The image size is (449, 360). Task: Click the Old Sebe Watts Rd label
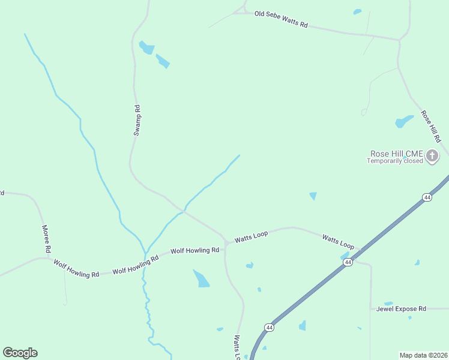pyautogui.click(x=280, y=19)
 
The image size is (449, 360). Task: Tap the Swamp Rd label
pyautogui.click(x=137, y=121)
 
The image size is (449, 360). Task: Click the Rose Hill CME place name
pyautogui.click(x=396, y=154)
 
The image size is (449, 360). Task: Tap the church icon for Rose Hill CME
pyautogui.click(x=432, y=157)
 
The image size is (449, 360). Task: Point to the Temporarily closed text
pyautogui.click(x=396, y=161)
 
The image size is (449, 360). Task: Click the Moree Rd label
pyautogui.click(x=46, y=238)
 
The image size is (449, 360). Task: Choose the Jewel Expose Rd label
pyautogui.click(x=401, y=308)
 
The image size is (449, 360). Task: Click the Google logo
pyautogui.click(x=20, y=353)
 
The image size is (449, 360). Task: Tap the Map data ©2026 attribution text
pyautogui.click(x=423, y=355)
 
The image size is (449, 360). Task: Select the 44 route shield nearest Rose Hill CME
pyautogui.click(x=427, y=197)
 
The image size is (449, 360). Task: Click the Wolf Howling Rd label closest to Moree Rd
pyautogui.click(x=76, y=268)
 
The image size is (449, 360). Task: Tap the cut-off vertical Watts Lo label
pyautogui.click(x=238, y=347)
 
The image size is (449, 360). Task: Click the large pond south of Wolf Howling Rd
pyautogui.click(x=202, y=279)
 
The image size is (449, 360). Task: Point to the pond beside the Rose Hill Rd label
pyautogui.click(x=404, y=121)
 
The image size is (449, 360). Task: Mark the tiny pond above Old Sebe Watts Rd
pyautogui.click(x=358, y=11)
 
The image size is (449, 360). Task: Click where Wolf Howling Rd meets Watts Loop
pyautogui.click(x=226, y=244)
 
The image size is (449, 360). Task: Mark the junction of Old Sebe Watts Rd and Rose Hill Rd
pyautogui.click(x=399, y=40)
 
